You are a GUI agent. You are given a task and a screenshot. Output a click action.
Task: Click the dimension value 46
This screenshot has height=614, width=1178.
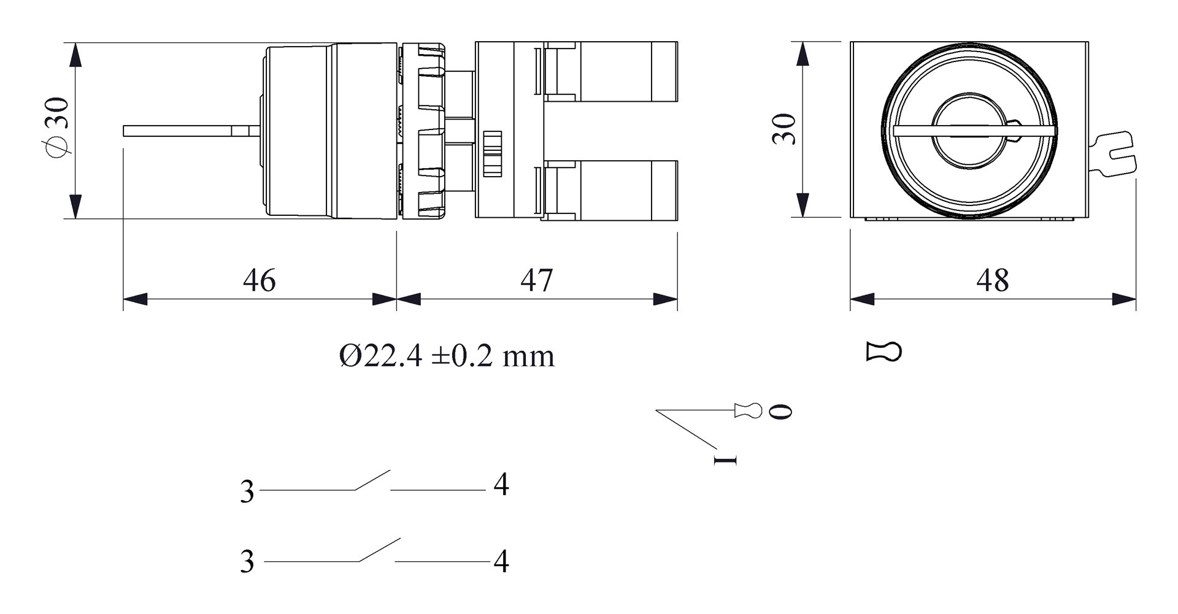[x=259, y=280]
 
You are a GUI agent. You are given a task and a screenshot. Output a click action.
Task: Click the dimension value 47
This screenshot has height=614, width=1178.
[x=536, y=280]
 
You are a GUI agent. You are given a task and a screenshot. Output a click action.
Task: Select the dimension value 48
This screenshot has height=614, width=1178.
[x=992, y=280]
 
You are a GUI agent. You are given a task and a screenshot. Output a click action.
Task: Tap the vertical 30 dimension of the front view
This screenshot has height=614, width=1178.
[x=783, y=129]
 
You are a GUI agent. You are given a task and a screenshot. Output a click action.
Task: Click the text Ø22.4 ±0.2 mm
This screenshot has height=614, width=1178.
[x=447, y=356]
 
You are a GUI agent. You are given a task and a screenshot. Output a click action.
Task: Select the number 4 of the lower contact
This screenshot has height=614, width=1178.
[x=501, y=561]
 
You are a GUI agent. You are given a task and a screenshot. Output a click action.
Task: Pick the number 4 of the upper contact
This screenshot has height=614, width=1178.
[x=501, y=485]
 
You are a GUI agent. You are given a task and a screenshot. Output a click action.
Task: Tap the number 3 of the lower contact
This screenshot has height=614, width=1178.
[x=247, y=561]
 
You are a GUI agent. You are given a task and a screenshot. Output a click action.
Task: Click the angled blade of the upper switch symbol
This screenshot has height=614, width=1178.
[x=372, y=480]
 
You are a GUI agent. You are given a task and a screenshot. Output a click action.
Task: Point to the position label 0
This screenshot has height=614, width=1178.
[x=780, y=412]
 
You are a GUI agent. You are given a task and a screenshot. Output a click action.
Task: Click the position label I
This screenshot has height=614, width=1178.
[x=725, y=459]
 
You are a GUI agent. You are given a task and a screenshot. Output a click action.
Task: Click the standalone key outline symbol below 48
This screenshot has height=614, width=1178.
[x=883, y=352]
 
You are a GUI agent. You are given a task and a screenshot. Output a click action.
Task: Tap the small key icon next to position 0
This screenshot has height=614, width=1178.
[x=749, y=410]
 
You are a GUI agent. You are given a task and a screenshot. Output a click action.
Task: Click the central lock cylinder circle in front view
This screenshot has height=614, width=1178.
[x=969, y=131]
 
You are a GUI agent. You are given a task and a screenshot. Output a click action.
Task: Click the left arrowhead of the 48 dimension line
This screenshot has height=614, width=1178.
[x=861, y=299]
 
